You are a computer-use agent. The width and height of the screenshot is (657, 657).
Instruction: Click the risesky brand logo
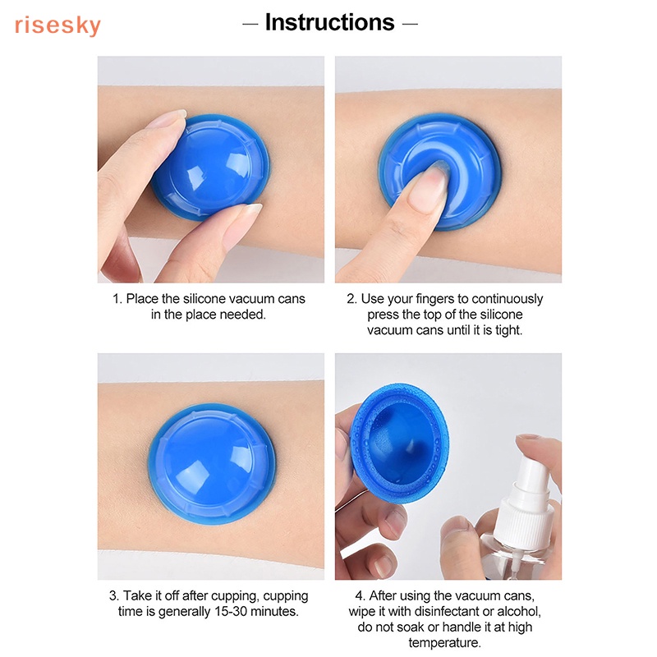tap(57, 25)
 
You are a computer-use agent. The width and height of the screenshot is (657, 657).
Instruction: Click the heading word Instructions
tap(329, 22)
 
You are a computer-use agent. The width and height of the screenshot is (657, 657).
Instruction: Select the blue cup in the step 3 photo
tap(212, 463)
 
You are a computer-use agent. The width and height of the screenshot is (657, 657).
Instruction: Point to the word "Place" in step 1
tap(142, 299)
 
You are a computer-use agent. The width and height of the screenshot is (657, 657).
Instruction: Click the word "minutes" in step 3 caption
tap(276, 611)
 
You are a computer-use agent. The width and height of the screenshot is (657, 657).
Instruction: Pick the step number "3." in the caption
tap(114, 595)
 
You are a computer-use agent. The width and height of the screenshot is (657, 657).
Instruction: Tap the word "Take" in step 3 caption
tap(140, 595)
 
